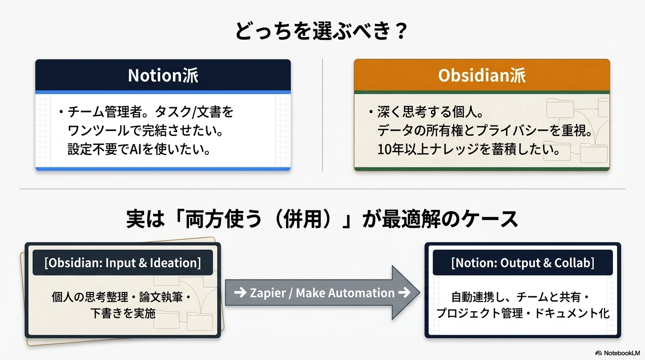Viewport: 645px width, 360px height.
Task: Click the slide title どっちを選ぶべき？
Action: point(322,31)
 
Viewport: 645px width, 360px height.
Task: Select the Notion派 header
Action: point(163,75)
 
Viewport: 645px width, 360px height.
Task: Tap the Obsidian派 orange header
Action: point(482,75)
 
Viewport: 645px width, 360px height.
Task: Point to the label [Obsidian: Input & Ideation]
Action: point(122,262)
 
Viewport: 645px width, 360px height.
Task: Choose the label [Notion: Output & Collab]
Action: point(523,262)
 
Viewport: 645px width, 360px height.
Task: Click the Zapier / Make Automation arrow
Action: point(322,293)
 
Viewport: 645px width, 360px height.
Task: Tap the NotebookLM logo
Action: point(618,353)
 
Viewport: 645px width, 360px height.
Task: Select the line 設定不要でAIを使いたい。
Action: point(138,150)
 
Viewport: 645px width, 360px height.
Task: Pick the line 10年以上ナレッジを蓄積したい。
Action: point(469,150)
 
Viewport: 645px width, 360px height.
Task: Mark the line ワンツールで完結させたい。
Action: point(145,131)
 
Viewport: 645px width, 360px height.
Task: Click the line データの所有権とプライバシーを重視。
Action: point(485,131)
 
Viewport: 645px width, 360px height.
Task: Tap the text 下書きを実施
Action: point(123,313)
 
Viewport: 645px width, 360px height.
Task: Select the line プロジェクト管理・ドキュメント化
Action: point(523,313)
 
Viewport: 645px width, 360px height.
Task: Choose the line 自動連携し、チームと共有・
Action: point(520,297)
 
